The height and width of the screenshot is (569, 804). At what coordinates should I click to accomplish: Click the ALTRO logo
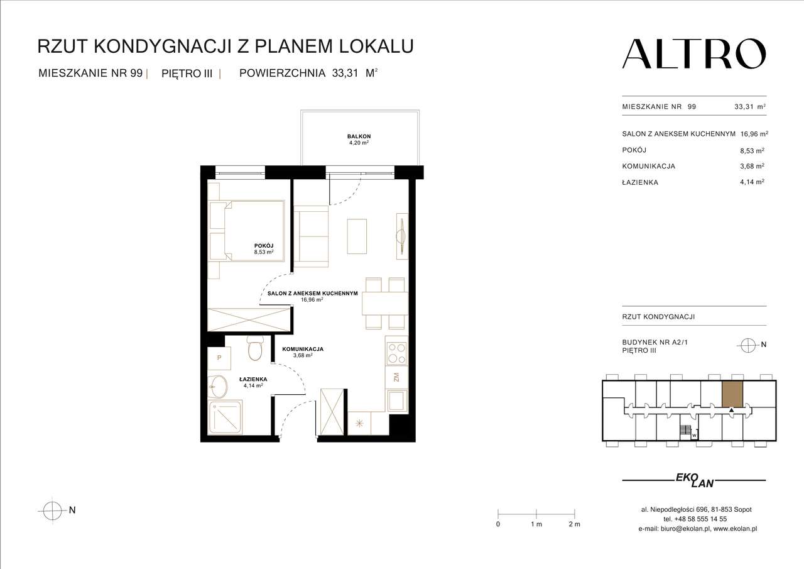[x=693, y=54]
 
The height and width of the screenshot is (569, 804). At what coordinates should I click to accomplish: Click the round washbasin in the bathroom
[x=219, y=387]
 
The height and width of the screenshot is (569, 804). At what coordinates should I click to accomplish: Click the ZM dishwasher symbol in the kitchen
[x=396, y=378]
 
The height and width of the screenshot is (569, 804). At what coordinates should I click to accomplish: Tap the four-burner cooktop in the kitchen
[x=396, y=352]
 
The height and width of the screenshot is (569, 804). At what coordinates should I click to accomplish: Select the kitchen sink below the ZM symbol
[x=396, y=401]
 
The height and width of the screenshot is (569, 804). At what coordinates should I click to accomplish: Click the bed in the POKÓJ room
[x=247, y=231]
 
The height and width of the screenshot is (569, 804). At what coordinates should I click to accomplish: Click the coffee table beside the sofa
[x=357, y=237]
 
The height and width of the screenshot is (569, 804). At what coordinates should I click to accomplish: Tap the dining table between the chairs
[x=385, y=303]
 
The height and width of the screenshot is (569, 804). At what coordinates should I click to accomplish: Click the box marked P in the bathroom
[x=219, y=358]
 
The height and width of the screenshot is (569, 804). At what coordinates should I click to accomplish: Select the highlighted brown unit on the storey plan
[x=732, y=394]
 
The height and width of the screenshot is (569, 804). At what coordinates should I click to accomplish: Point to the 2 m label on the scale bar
[x=573, y=524]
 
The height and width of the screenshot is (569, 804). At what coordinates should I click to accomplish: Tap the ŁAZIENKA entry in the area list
[x=640, y=182]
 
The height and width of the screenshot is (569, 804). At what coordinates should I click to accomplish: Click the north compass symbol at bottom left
[x=52, y=511]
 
